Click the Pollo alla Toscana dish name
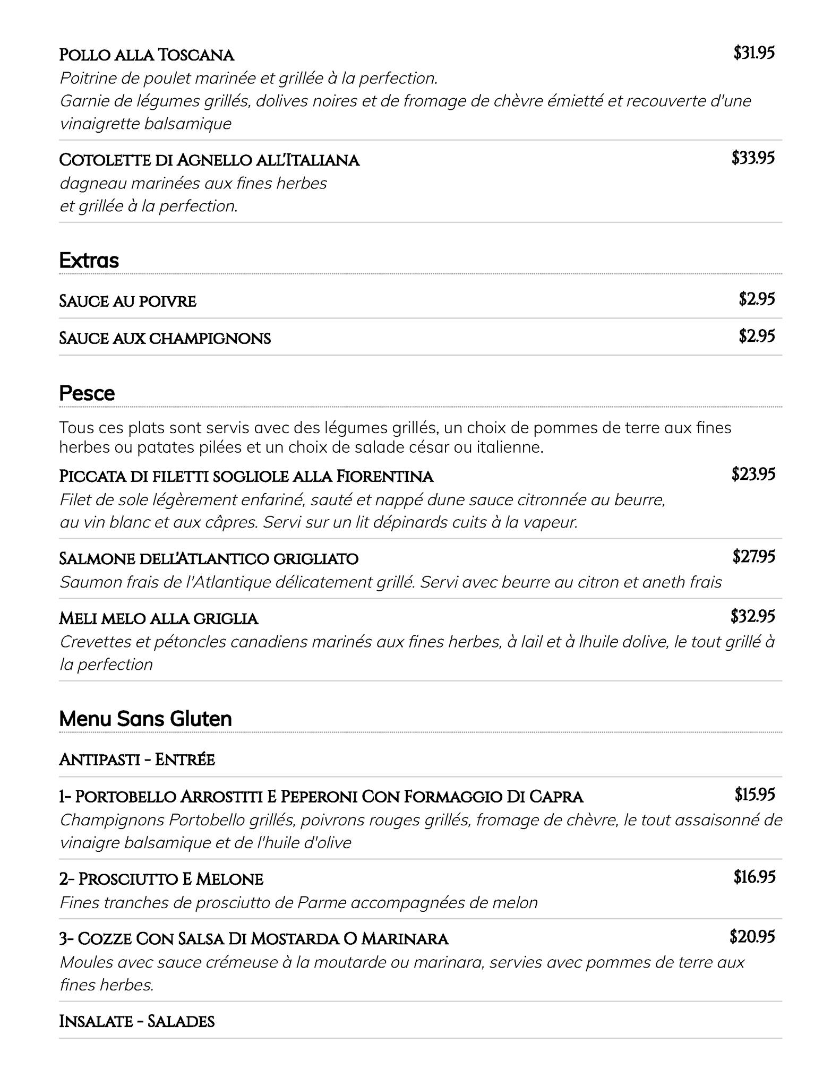(x=147, y=55)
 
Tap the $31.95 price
(x=754, y=53)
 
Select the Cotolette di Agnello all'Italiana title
(x=209, y=160)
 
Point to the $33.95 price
(x=753, y=158)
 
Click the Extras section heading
(x=89, y=261)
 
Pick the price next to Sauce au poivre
(x=757, y=299)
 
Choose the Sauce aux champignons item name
(x=165, y=338)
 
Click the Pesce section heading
(x=87, y=393)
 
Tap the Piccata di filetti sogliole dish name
(x=246, y=476)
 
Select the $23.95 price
(x=753, y=474)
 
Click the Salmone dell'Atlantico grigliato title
(x=209, y=558)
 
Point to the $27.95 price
(x=753, y=556)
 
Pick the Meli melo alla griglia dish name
(x=159, y=618)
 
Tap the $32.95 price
(x=752, y=616)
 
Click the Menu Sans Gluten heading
(x=145, y=719)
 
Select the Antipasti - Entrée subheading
(x=137, y=760)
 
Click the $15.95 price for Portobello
(x=755, y=795)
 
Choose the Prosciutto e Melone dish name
(x=161, y=879)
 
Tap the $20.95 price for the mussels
(x=752, y=937)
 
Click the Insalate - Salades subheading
(x=136, y=1021)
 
